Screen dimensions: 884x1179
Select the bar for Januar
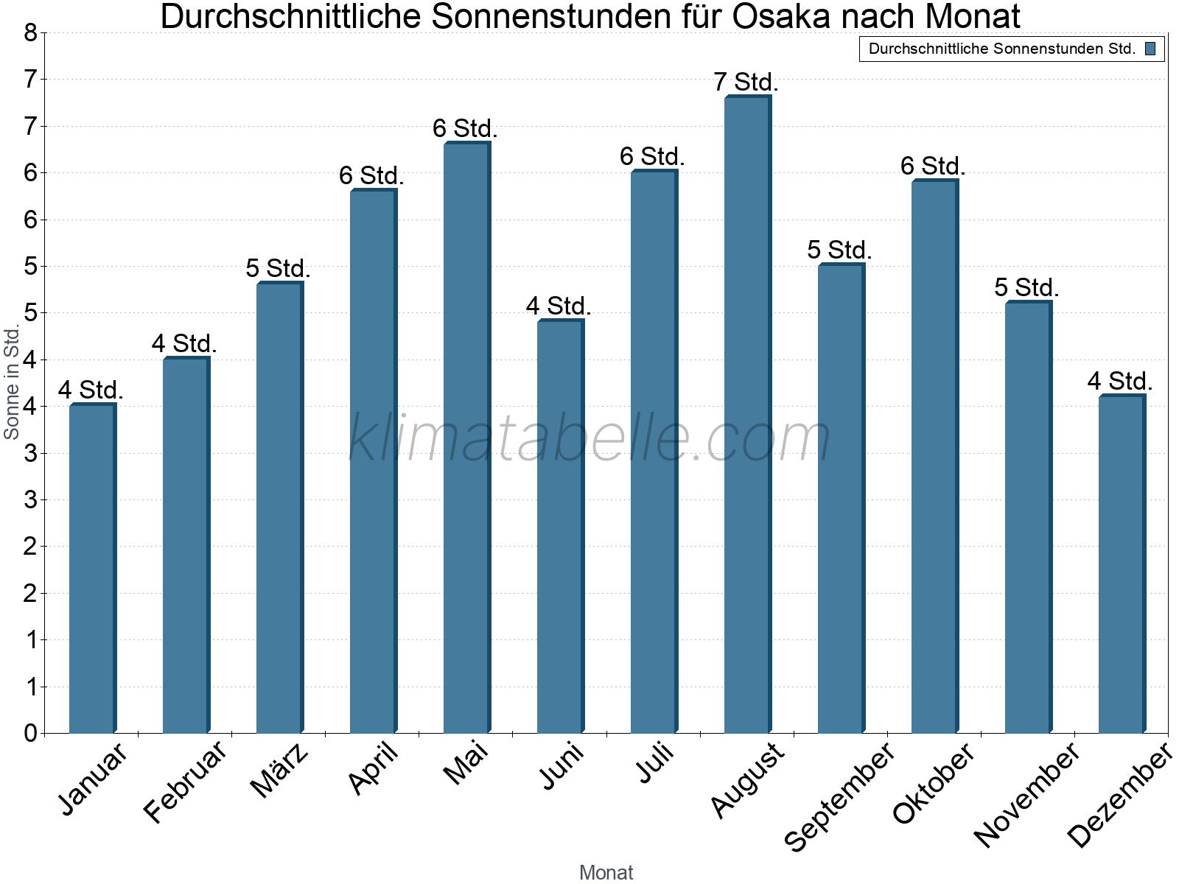[x=92, y=569]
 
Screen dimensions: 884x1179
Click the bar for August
[x=747, y=415]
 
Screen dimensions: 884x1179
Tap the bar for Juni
[x=560, y=527]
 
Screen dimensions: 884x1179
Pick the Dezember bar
[x=1122, y=564]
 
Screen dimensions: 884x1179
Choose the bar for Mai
[x=466, y=438]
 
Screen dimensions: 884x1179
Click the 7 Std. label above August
[x=746, y=82]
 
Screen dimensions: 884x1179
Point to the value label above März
[x=278, y=269]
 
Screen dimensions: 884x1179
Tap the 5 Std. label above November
[x=1026, y=287]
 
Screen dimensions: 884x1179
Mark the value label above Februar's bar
[x=184, y=343]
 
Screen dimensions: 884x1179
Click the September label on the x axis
[x=839, y=796]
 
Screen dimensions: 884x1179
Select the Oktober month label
[x=934, y=783]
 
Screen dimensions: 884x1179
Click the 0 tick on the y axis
[x=30, y=733]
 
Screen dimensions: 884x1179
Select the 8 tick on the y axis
[x=30, y=32]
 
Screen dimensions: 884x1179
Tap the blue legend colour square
[x=1150, y=49]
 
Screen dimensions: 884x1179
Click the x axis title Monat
[x=606, y=872]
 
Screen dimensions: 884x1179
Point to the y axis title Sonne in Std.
[x=12, y=382]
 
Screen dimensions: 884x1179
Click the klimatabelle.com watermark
[x=589, y=438]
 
